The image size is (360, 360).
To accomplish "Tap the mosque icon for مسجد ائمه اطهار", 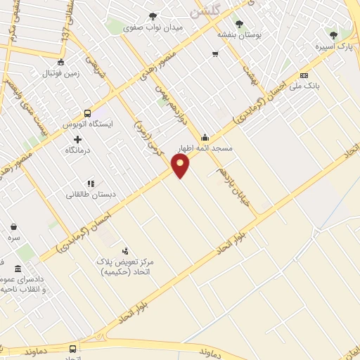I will coord(205,137).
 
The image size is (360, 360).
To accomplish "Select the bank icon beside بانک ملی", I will coord(304,75).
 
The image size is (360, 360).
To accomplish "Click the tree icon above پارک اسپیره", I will coord(333,34).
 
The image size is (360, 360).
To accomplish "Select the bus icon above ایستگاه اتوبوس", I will coord(87,112).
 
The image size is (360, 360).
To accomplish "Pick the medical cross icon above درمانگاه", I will coord(77,139).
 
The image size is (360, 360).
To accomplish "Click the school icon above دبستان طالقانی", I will coord(91,184).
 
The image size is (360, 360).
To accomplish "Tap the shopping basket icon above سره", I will coord(14,226).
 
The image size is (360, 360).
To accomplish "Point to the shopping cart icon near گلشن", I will coord(214,53).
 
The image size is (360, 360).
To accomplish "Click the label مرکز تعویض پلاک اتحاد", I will coord(126,266).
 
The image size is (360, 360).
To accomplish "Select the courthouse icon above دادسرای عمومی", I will coord(18,269).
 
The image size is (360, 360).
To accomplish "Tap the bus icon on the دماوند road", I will coord(72,349).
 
